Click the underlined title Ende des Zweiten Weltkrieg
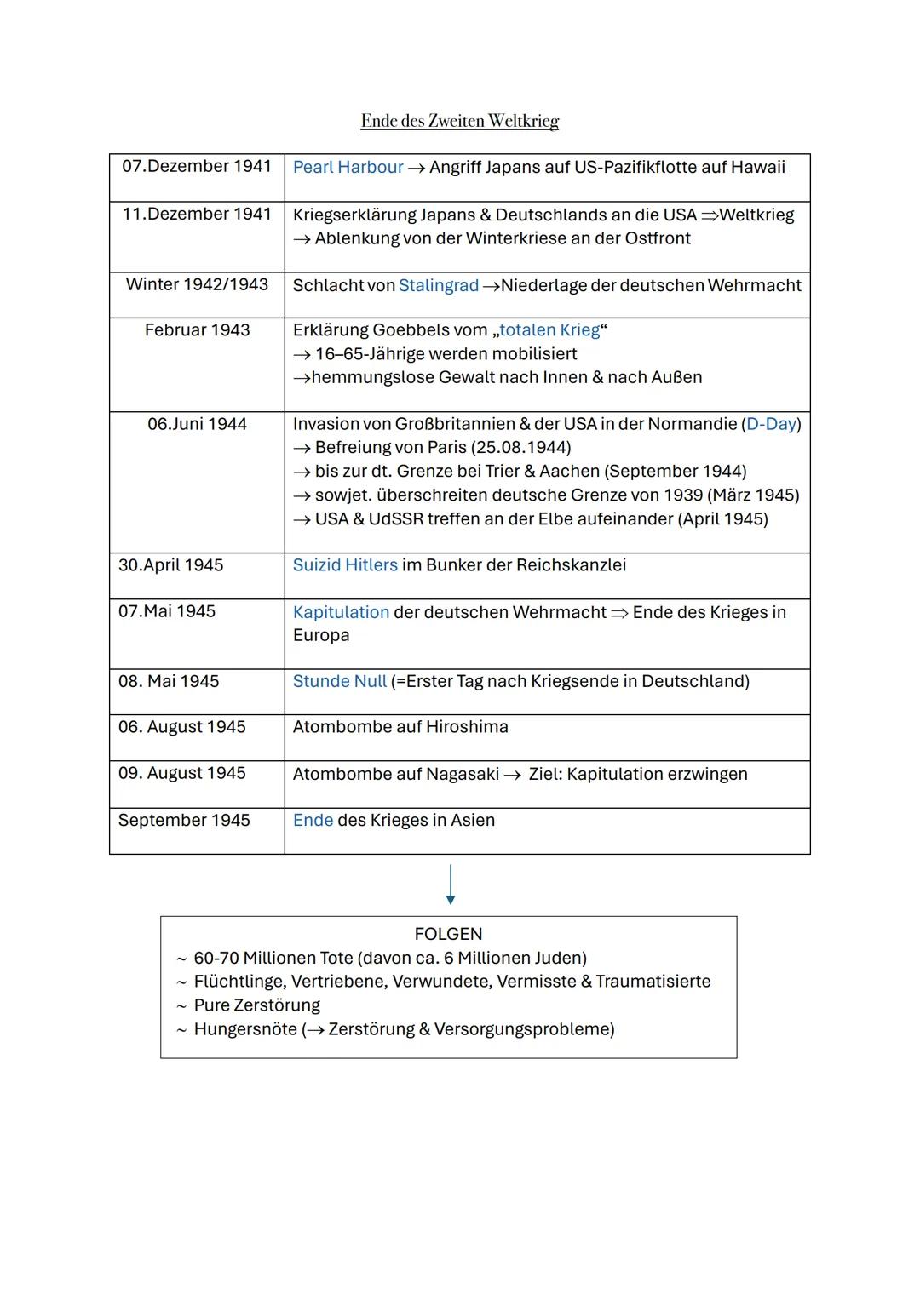point(459,121)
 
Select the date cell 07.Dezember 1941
point(196,166)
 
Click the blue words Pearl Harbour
point(348,167)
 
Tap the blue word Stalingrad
point(438,285)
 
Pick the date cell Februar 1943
point(197,330)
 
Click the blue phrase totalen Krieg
point(549,330)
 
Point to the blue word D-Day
point(771,424)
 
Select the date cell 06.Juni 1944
point(197,424)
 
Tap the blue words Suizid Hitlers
point(345,565)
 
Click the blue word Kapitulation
point(341,612)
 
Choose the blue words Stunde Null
point(339,682)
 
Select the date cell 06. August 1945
point(181,727)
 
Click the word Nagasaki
point(462,774)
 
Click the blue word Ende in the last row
point(313,821)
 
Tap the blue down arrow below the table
point(450,885)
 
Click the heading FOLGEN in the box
point(448,934)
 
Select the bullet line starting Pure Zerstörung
point(256,1005)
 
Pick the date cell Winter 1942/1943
point(197,284)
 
